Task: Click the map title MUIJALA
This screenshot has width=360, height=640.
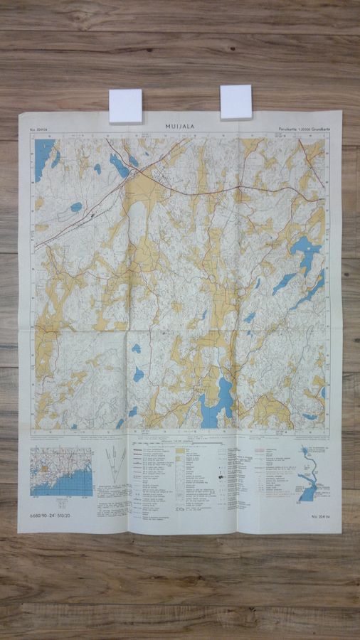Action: click(x=180, y=126)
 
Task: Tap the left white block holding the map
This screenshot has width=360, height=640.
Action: click(x=126, y=106)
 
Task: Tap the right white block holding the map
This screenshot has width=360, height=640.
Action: click(x=235, y=102)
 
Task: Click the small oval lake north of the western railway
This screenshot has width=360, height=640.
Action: click(x=76, y=207)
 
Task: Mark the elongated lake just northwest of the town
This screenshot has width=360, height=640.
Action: click(x=119, y=166)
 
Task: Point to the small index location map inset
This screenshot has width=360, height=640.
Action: click(x=62, y=471)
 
